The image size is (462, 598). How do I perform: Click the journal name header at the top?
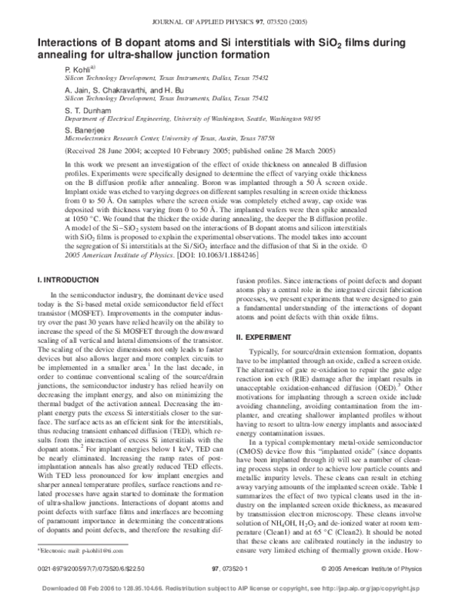231,8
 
